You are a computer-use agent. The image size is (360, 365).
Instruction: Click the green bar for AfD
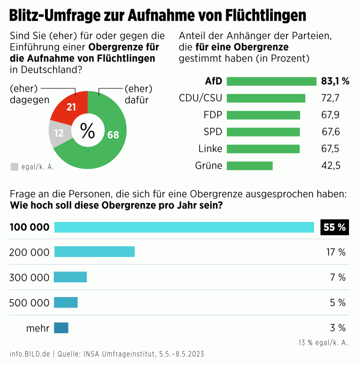tap(271, 81)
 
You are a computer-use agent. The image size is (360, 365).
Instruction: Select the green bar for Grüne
tap(249, 166)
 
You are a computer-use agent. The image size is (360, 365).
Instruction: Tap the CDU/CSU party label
tap(200, 98)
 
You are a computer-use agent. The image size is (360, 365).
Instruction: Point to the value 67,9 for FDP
tap(330, 115)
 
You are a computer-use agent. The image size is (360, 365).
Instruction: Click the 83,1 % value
tap(335, 81)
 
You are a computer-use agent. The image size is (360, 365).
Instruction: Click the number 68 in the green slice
tap(113, 135)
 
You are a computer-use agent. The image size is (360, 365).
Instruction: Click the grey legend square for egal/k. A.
tap(14, 166)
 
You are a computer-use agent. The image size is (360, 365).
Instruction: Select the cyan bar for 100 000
tap(184, 227)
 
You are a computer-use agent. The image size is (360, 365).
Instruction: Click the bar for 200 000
tap(94, 252)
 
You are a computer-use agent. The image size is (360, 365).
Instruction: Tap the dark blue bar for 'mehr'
tap(61, 328)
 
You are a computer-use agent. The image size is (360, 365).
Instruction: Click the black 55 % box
tap(334, 228)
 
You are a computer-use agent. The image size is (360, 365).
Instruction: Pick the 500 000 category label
tap(29, 303)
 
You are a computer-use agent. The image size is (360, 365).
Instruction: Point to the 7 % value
tap(337, 277)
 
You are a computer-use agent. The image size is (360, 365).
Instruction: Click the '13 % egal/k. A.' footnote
tap(323, 342)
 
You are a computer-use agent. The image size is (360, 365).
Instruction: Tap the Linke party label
tap(210, 149)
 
